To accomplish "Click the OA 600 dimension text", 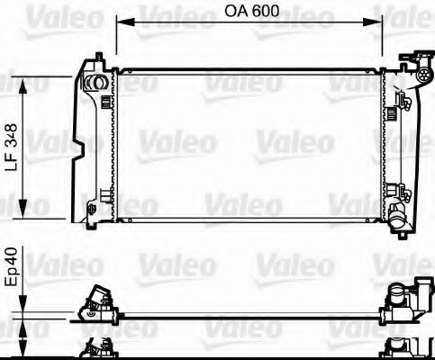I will pos(250,12).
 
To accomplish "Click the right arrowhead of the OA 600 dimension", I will pos(379,22).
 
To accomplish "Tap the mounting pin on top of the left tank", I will pos(93,59).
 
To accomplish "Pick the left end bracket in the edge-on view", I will pos(94,304).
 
